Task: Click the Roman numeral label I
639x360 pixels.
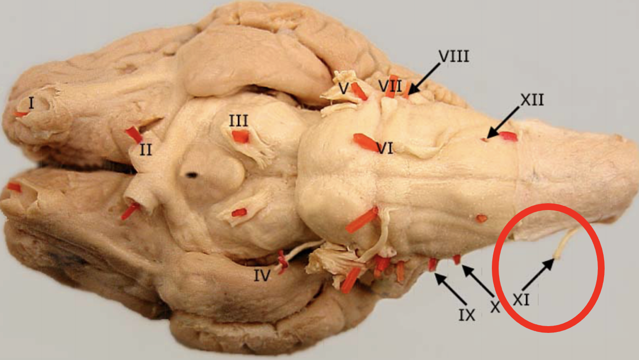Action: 31,103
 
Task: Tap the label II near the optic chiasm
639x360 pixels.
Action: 146,150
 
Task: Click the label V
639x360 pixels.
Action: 344,89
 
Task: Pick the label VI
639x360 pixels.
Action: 385,148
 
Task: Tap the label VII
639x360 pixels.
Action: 390,87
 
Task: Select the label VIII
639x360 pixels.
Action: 454,57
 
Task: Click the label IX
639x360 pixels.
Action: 467,315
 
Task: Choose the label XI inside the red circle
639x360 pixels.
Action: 521,300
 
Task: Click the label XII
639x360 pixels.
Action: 532,100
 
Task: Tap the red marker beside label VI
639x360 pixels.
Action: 365,142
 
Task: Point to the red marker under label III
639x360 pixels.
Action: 241,137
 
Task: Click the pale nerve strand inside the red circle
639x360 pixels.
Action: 565,242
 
